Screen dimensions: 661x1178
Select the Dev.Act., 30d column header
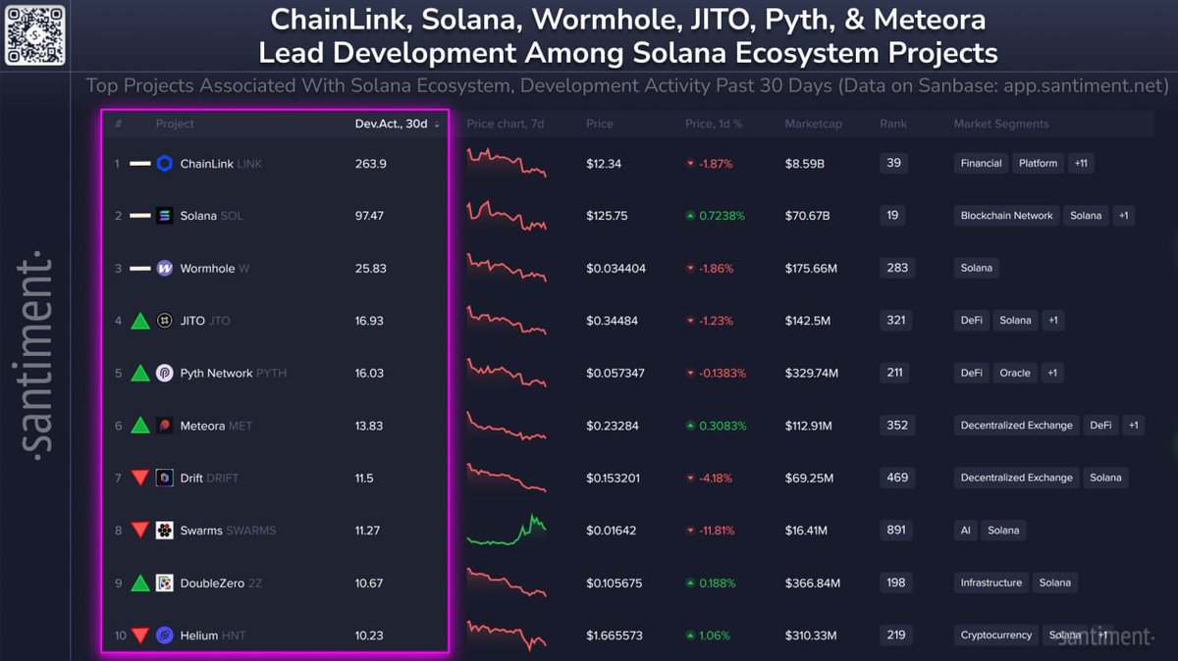392,124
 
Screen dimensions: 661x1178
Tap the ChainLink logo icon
164,164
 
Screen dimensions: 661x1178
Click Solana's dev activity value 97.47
370,216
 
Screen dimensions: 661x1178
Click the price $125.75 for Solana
607,216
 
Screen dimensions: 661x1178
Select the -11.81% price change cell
712,531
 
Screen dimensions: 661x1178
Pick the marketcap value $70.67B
810,216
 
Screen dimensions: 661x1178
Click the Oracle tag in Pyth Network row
1015,373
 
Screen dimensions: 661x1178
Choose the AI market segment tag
966,531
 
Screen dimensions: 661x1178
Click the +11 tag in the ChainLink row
1080,164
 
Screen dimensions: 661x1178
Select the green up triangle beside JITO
140,321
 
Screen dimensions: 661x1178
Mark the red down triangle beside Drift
140,478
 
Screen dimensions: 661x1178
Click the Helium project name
200,636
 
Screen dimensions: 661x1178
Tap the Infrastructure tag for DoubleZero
991,583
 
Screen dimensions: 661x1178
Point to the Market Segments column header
1000,124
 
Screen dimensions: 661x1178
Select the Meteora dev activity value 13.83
370,426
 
